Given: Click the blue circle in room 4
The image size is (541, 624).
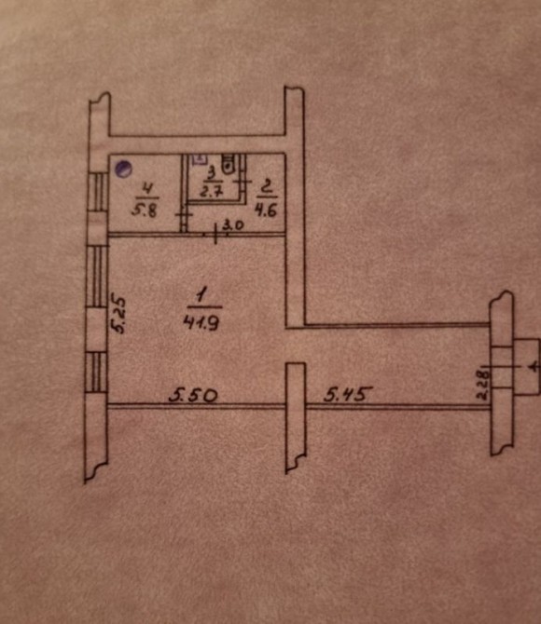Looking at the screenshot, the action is click(x=123, y=169).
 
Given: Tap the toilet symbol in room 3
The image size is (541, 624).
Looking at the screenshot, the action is click(x=228, y=164).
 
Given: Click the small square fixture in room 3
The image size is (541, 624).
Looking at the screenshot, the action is click(x=199, y=158).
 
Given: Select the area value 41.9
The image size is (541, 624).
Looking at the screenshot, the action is click(x=201, y=322).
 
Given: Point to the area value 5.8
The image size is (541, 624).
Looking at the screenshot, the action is click(x=145, y=210).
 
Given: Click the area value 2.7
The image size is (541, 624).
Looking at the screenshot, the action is click(x=211, y=192).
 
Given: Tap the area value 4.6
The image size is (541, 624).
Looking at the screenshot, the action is click(x=267, y=210).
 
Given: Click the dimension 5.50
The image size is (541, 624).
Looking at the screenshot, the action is click(x=193, y=396).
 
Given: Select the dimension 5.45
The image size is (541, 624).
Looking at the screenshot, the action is click(x=348, y=394).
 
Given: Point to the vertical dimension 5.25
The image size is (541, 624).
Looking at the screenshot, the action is click(x=118, y=314).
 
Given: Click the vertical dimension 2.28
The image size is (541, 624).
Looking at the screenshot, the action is click(x=483, y=385).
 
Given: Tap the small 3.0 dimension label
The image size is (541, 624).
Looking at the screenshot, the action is click(x=233, y=226).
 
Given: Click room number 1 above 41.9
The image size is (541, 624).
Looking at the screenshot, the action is click(x=201, y=296).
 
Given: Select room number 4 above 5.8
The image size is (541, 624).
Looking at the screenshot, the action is click(x=147, y=189).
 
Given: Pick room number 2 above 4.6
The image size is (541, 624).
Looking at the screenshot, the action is click(x=267, y=186).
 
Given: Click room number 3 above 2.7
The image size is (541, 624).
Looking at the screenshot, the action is click(x=212, y=173).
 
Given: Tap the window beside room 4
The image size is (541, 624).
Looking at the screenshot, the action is click(x=98, y=192).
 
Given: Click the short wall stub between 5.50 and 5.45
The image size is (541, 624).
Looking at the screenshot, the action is click(x=296, y=417).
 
